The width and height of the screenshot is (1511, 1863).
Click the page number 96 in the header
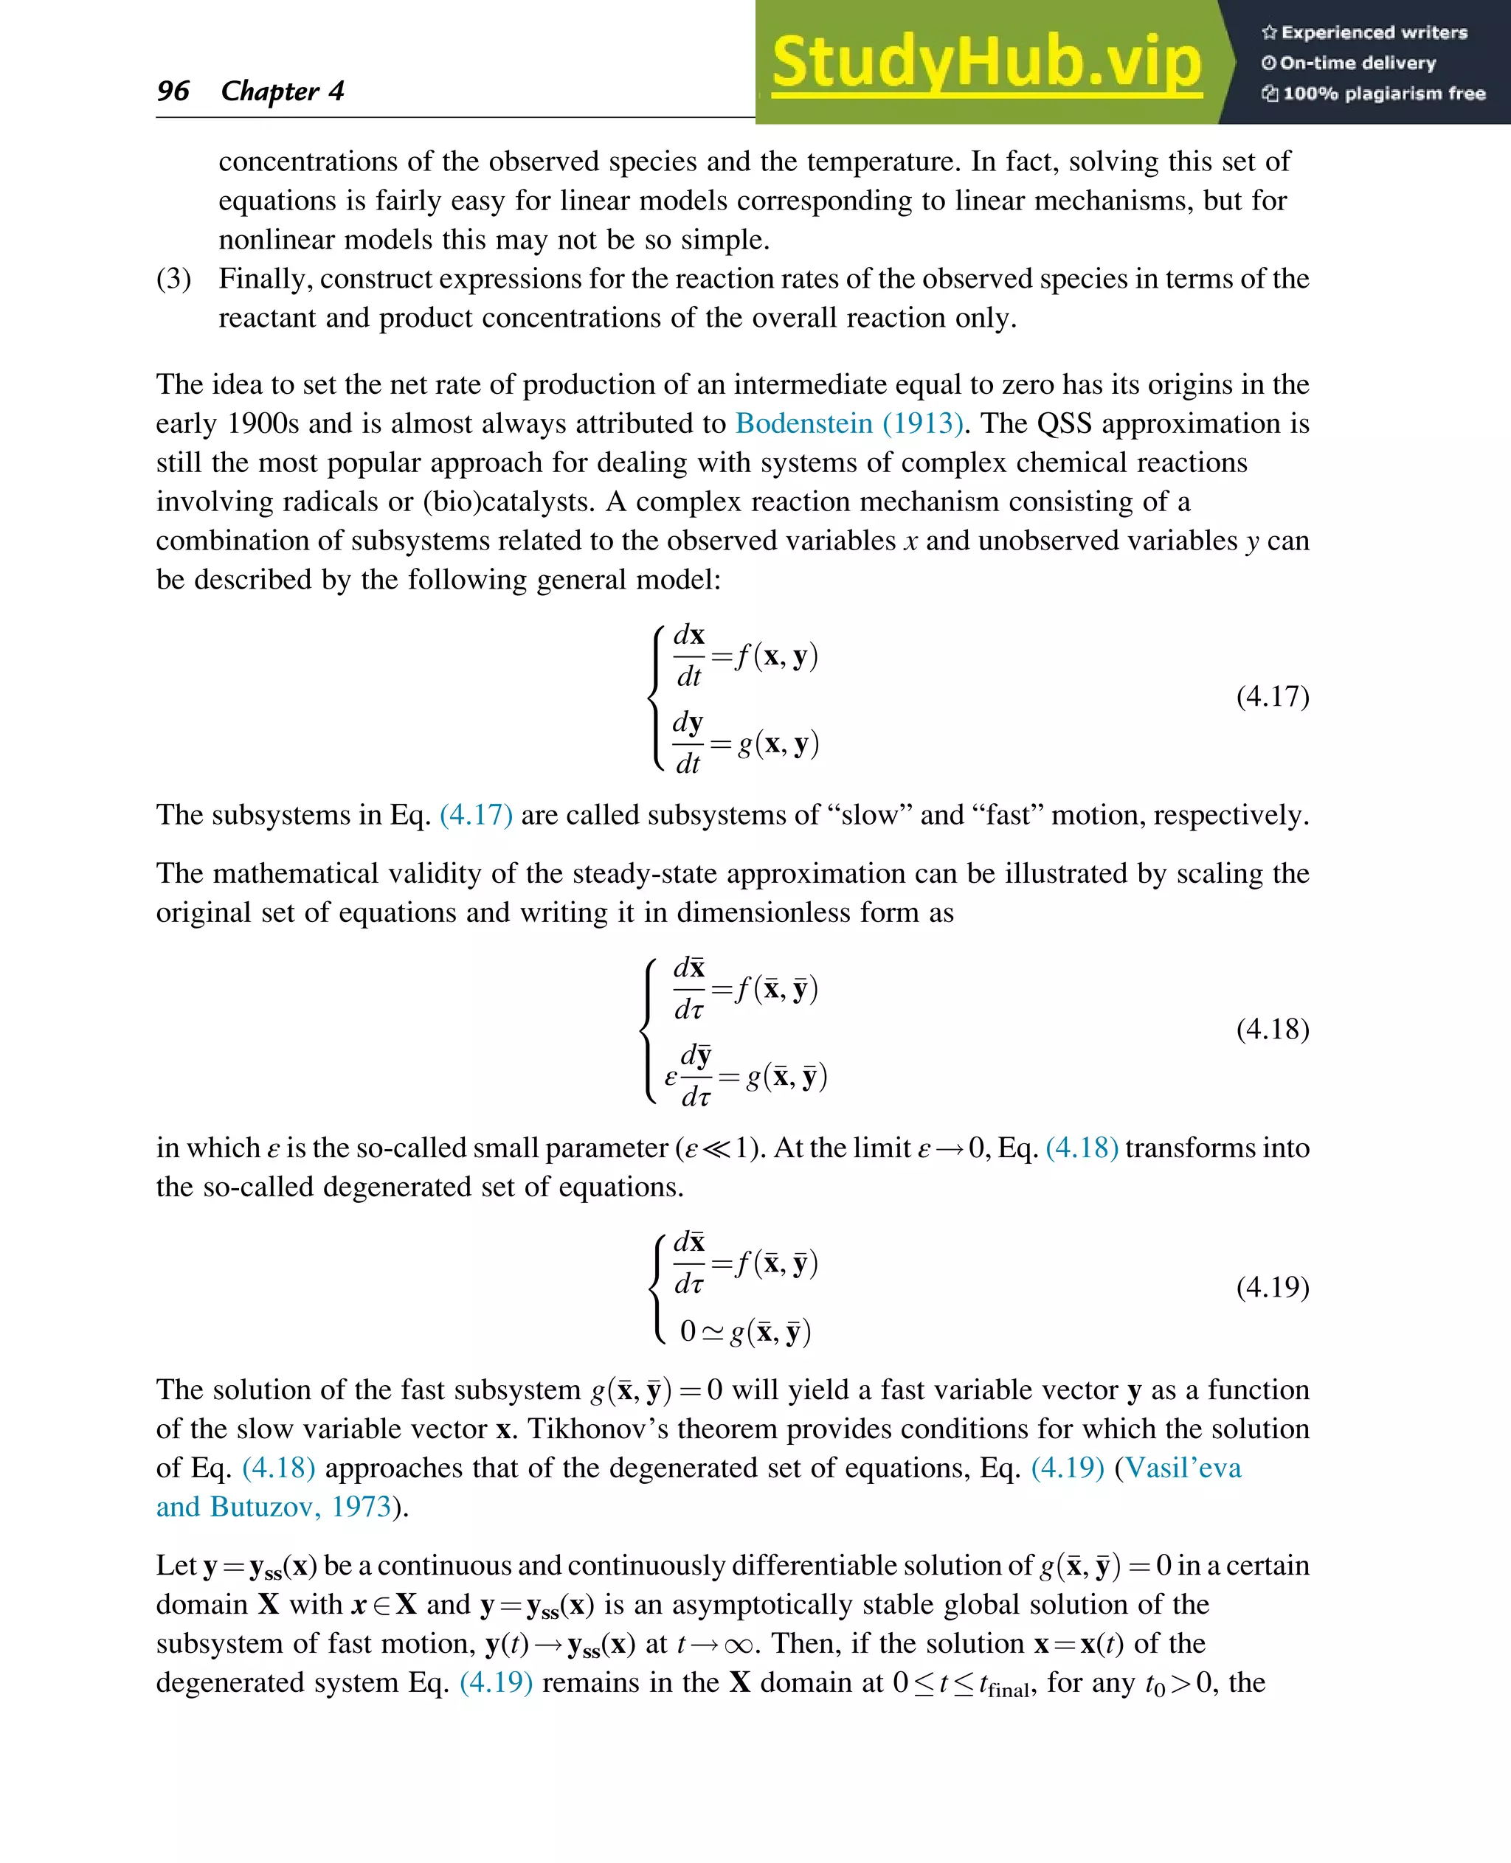click(173, 91)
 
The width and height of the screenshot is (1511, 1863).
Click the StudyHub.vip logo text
click(986, 63)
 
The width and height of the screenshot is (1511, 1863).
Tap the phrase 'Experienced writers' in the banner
click(1374, 32)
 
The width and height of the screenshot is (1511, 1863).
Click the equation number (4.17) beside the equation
click(1272, 696)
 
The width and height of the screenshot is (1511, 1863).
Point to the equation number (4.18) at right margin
click(1272, 1030)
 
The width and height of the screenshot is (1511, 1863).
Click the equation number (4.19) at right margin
click(1272, 1286)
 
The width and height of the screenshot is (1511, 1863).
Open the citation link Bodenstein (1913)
click(848, 424)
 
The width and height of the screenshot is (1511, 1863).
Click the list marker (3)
click(173, 279)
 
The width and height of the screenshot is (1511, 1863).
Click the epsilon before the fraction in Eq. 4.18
click(670, 1078)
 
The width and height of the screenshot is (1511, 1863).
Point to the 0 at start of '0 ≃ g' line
click(688, 1331)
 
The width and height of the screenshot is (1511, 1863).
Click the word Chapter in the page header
click(270, 91)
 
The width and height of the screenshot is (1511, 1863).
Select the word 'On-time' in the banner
click(1313, 63)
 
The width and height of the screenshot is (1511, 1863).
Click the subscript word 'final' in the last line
click(1009, 1690)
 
